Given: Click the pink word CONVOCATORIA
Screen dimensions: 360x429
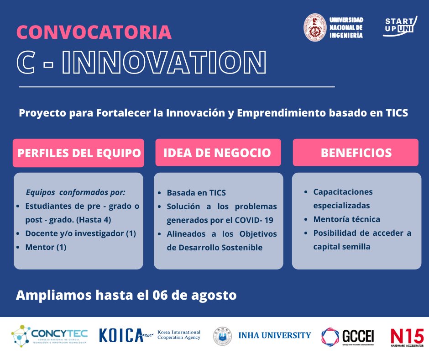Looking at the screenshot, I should (94, 32).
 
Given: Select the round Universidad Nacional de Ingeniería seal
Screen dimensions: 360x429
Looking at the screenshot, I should (315, 27).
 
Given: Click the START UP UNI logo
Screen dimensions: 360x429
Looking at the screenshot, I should (400, 26).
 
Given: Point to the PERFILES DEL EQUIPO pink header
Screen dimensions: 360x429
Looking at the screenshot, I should (78, 153).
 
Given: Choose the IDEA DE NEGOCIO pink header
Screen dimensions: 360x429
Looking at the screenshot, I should (217, 153).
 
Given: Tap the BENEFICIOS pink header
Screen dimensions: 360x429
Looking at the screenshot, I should (356, 153).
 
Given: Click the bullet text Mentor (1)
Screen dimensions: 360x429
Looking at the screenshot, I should (46, 247).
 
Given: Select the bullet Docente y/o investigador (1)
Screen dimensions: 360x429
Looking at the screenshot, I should (81, 233).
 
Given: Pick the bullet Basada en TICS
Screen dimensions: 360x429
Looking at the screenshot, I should (196, 193).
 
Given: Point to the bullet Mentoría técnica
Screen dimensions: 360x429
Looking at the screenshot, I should (346, 219).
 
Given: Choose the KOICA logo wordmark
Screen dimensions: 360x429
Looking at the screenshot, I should (121, 335).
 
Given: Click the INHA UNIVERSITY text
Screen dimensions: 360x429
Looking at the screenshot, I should (274, 335).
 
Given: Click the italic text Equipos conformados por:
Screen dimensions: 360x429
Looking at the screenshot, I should (75, 192).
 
